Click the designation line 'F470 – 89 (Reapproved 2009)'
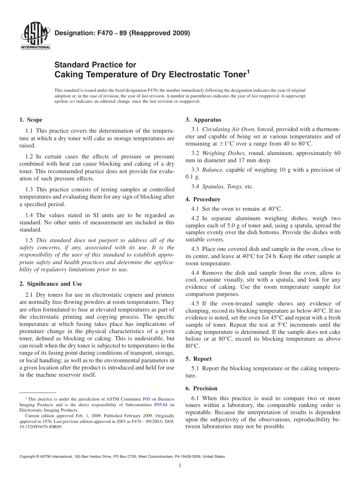tap(122, 33)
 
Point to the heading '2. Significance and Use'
tap(50, 284)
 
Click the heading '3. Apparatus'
tap(203, 120)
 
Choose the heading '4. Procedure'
tap(202, 199)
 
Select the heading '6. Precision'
tap(201, 388)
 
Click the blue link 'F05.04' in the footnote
tap(160, 404)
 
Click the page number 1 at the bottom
tap(180, 466)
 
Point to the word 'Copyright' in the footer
tap(28, 457)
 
